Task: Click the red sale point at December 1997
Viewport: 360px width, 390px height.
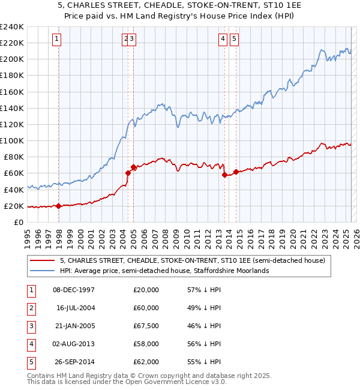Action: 59,206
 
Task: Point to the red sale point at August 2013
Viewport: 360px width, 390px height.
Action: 224,175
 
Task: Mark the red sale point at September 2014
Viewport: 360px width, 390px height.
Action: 236,172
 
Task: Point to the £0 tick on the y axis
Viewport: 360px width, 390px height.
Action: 19,222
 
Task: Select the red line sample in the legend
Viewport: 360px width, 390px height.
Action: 43,260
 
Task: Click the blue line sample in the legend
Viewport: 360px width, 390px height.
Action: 43,271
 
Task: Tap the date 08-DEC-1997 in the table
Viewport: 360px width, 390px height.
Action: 74,290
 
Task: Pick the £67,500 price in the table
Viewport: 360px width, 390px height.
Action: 146,326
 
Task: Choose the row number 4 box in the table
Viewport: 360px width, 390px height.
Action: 30,344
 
